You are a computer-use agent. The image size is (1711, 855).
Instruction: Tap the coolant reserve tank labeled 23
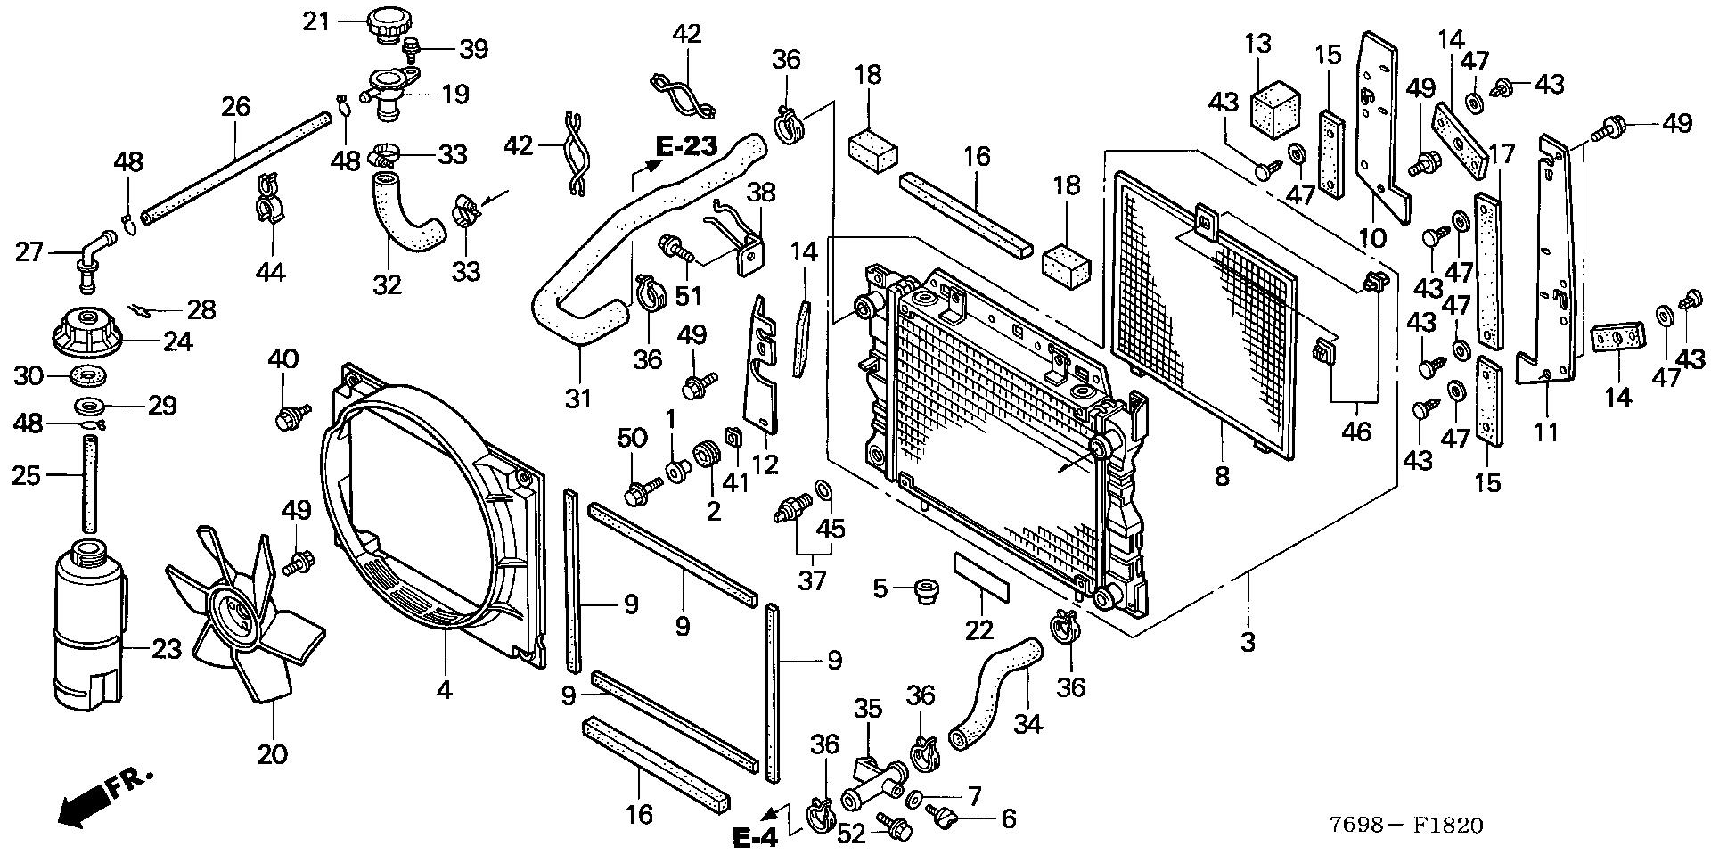coord(87,624)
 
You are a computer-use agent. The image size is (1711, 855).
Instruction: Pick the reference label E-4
coord(756,837)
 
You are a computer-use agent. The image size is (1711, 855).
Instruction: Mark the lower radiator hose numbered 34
coord(994,691)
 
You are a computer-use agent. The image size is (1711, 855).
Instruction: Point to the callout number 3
coord(1248,641)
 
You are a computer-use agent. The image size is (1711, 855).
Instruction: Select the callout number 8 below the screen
coord(1222,476)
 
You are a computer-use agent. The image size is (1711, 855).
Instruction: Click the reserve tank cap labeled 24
coord(87,333)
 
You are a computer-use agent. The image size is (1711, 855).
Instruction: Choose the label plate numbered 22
coord(981,577)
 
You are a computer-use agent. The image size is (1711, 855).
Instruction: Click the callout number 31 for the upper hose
coord(578,398)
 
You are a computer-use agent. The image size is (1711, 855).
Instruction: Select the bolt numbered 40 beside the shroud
coord(290,415)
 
